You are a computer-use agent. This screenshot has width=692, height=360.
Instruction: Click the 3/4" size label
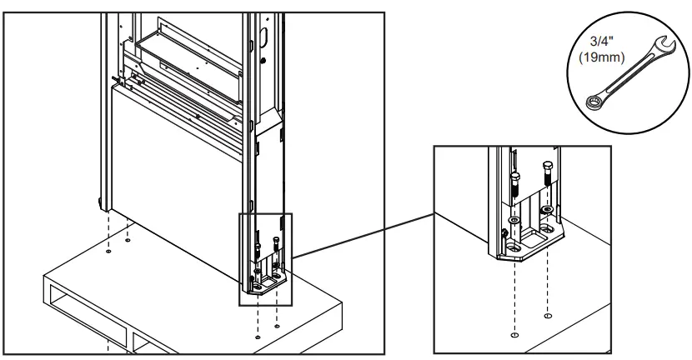pyautogui.click(x=601, y=42)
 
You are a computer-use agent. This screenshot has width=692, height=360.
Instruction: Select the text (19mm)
pyautogui.click(x=602, y=57)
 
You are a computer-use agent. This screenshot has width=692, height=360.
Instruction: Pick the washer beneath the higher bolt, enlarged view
pyautogui.click(x=548, y=208)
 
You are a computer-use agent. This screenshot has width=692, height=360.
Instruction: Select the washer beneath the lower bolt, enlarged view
pyautogui.click(x=515, y=220)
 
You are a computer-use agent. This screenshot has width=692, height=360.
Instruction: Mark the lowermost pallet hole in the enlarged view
pyautogui.click(x=514, y=335)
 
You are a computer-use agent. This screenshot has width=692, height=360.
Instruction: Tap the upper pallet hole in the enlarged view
pyautogui.click(x=548, y=316)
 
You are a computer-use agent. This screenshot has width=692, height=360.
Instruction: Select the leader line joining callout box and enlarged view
pyautogui.click(x=364, y=236)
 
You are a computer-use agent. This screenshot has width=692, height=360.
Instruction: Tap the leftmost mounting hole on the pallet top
pyautogui.click(x=108, y=252)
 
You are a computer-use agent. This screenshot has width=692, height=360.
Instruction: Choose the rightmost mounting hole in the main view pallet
pyautogui.click(x=277, y=327)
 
